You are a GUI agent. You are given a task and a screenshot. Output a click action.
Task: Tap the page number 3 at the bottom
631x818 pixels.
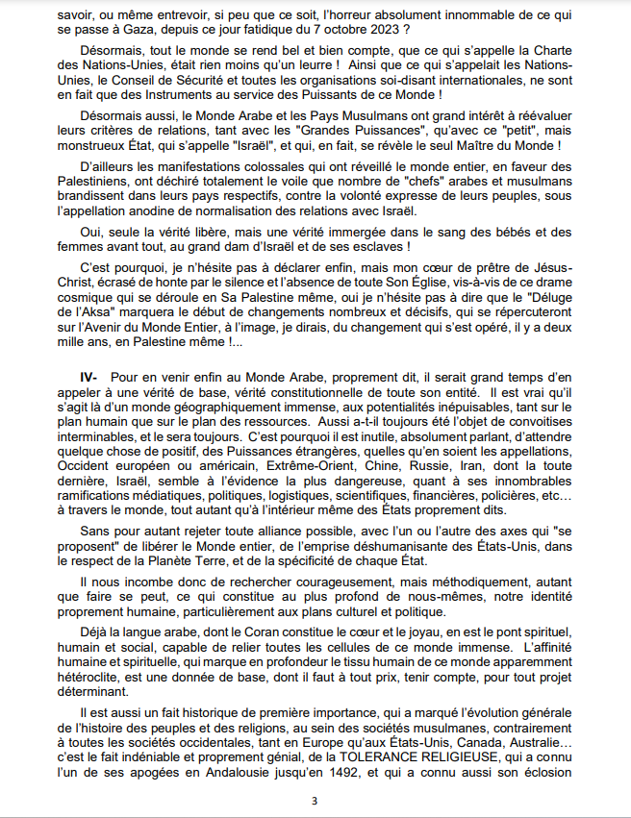[x=315, y=802]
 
